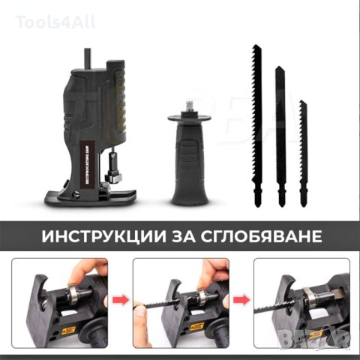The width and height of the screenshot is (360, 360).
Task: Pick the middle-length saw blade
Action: [281, 135]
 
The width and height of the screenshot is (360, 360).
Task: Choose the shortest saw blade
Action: [304, 150]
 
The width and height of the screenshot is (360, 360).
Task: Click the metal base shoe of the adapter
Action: [90, 196]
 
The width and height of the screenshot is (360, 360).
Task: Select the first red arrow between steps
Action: [120, 302]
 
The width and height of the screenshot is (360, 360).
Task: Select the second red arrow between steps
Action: [240, 302]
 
